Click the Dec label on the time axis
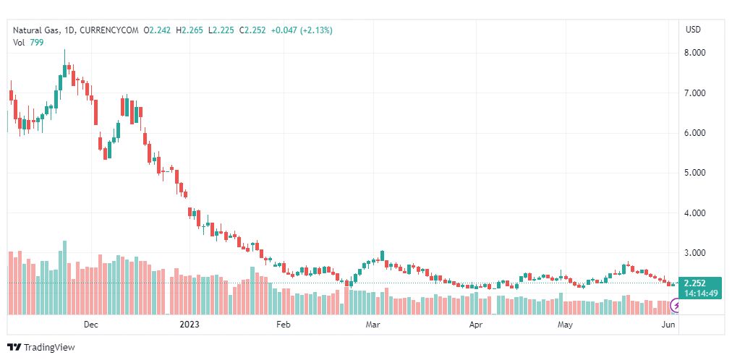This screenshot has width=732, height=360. (90, 325)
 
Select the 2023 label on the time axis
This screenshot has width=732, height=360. (190, 325)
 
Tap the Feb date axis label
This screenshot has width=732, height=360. (283, 325)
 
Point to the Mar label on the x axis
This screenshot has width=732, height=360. (373, 325)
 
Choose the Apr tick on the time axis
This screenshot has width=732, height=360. (475, 325)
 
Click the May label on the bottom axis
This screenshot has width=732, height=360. (565, 325)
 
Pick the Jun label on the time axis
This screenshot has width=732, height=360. (669, 325)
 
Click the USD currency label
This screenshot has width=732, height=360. (693, 30)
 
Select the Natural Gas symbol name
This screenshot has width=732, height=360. (36, 30)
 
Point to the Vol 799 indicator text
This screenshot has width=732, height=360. (28, 42)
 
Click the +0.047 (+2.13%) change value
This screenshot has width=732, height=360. (301, 30)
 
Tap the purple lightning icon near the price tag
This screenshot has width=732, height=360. (676, 307)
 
